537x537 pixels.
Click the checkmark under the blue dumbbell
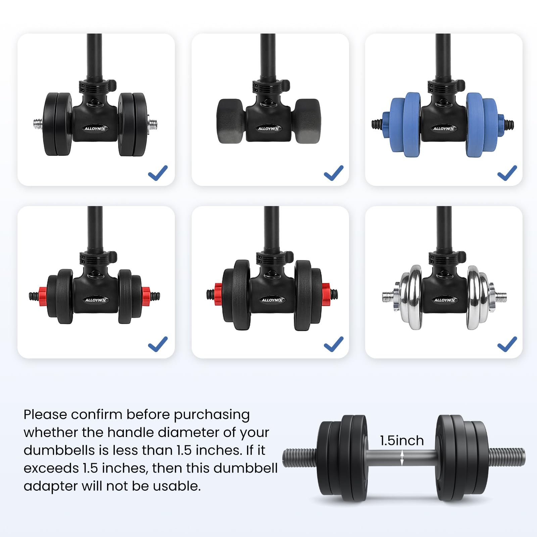[x=507, y=173]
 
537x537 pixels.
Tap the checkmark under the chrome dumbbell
[x=507, y=344]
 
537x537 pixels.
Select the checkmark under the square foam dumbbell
[x=334, y=173]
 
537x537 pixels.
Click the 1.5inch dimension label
[x=402, y=440]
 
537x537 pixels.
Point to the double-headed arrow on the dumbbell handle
[x=402, y=458]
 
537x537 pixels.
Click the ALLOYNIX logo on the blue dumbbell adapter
[x=443, y=129]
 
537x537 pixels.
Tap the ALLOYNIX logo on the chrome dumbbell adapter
[x=444, y=300]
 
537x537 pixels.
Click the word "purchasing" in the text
[x=212, y=415]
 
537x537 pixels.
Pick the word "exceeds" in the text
[x=51, y=468]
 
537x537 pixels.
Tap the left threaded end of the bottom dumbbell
[x=300, y=457]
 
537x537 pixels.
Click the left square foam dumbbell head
[x=231, y=121]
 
